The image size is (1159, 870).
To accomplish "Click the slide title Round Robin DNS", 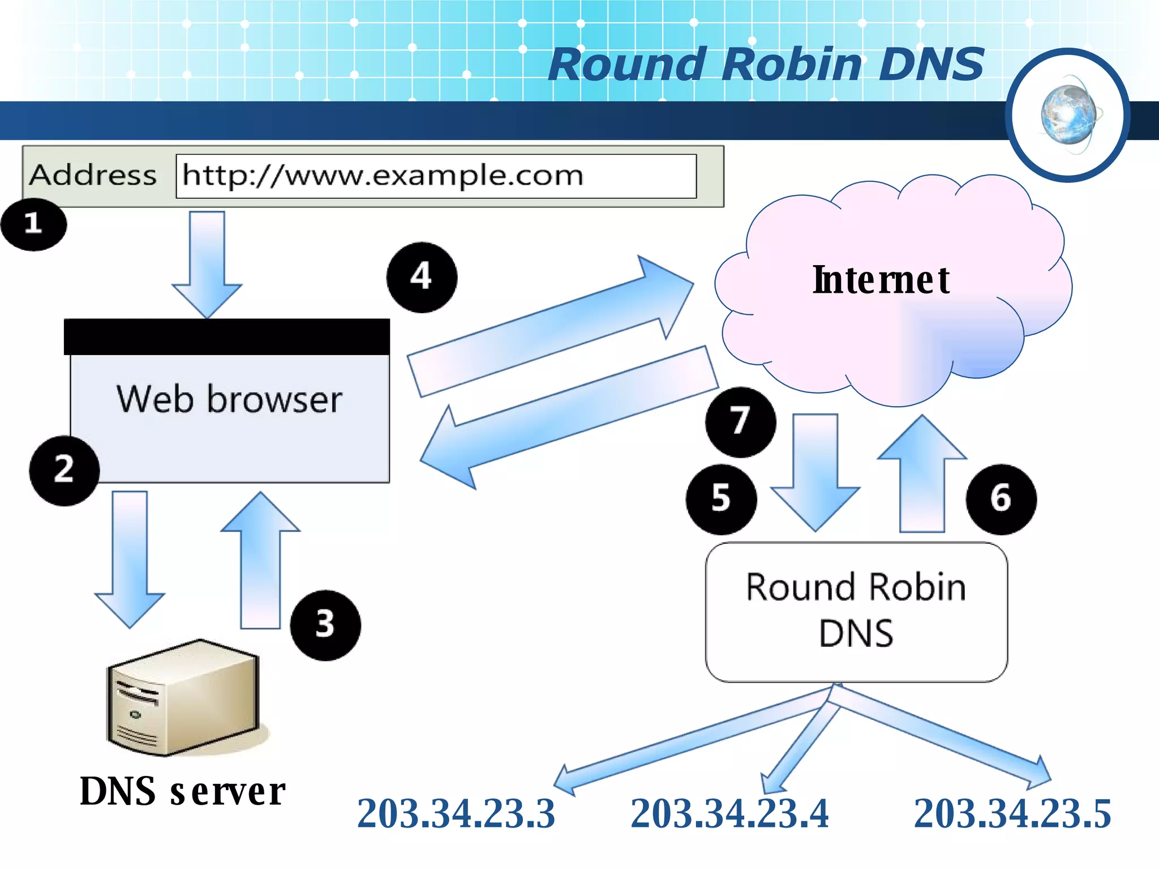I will click(766, 64).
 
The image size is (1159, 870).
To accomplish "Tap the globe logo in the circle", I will click(1068, 115).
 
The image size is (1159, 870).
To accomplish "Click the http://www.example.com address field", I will click(436, 176).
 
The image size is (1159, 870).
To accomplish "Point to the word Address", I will click(93, 175).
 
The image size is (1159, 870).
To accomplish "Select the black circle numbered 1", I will click(33, 224).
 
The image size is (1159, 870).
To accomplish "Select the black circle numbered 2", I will click(64, 470).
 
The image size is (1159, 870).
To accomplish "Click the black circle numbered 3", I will click(325, 625).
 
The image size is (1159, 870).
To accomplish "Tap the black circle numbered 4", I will click(422, 278).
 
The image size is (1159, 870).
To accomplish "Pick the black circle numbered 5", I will click(721, 499).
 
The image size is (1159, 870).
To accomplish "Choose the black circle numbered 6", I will click(1001, 499).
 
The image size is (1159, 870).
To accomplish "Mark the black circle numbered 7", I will click(740, 422).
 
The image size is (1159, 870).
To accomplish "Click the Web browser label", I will click(229, 399).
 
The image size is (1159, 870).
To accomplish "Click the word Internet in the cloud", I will click(881, 280).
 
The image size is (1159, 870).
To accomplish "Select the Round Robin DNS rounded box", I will click(856, 612).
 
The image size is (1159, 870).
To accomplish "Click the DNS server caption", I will click(182, 791).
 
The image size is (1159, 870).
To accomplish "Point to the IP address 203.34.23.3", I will click(456, 814).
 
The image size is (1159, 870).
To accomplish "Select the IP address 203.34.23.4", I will click(729, 814).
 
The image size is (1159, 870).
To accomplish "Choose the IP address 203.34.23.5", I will click(1012, 814).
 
